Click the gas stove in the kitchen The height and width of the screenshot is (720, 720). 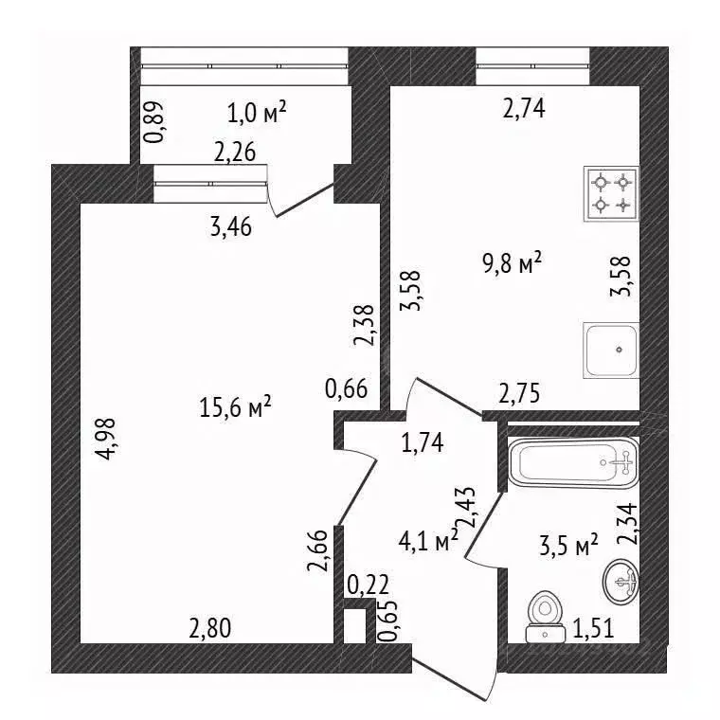tap(611, 194)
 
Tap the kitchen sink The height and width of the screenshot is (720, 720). tap(611, 351)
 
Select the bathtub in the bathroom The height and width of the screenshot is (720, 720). tap(573, 463)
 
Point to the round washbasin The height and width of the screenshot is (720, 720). tap(621, 582)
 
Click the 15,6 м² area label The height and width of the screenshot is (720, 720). tap(236, 406)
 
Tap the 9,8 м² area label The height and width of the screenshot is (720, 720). tap(512, 263)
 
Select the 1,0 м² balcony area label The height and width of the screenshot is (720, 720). tap(257, 113)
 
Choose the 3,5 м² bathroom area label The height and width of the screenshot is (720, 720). tap(568, 546)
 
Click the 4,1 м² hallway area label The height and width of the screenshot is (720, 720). tap(428, 541)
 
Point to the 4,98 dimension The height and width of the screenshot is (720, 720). tap(105, 439)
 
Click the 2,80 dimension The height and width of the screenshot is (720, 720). tap(210, 628)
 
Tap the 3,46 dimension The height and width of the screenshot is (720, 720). tap(231, 226)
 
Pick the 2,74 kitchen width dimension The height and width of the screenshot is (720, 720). tap(524, 109)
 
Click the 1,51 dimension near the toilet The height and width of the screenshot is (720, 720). tap(593, 629)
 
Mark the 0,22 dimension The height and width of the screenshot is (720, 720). tap(369, 585)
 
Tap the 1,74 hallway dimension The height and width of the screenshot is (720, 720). tap(423, 443)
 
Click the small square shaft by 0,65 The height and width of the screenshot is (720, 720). tap(355, 626)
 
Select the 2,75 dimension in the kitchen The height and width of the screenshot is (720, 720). tap(519, 393)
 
